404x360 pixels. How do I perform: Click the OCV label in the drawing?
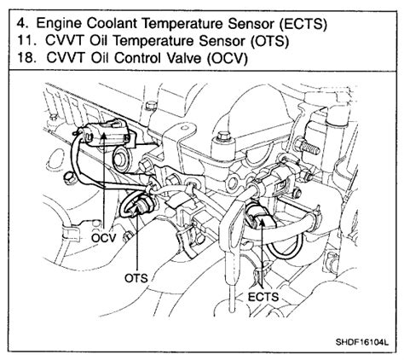click(x=104, y=238)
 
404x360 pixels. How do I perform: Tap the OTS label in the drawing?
click(x=136, y=278)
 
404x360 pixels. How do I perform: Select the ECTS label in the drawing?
click(x=263, y=297)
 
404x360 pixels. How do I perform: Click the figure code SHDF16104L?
click(x=361, y=341)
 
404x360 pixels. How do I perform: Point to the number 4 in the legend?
click(x=21, y=23)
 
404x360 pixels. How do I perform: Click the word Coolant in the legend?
click(x=113, y=23)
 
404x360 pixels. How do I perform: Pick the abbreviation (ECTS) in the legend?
click(x=303, y=24)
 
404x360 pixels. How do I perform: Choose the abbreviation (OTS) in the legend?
click(x=269, y=41)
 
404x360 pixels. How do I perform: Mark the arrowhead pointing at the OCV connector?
click(x=104, y=136)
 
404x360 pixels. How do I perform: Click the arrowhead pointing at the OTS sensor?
click(x=137, y=210)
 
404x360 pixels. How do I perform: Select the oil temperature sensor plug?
click(x=139, y=205)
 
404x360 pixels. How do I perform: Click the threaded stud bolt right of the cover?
click(x=308, y=146)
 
